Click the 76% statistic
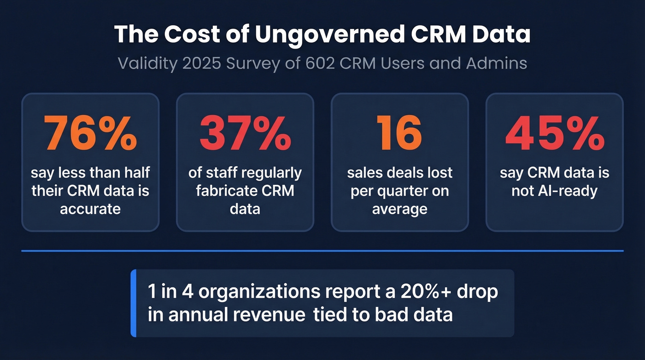point(90,133)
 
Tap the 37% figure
point(245,133)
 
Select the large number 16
point(399,133)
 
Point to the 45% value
point(554,133)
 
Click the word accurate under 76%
point(90,209)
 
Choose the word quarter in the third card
point(406,191)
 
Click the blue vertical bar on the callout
point(133,303)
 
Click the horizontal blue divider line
point(322,251)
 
